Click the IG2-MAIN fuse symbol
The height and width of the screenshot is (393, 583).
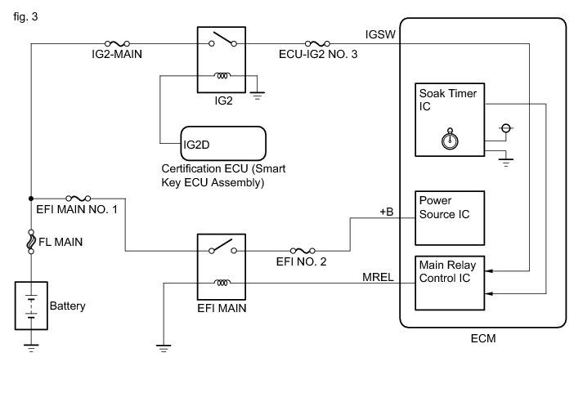[x=118, y=44]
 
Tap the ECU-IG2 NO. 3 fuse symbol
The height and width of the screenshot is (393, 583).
[x=317, y=44]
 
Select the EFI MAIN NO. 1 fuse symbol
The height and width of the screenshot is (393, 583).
[x=78, y=199]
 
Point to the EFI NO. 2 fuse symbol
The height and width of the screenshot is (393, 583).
[x=303, y=251]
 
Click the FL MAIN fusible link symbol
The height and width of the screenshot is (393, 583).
[x=31, y=242]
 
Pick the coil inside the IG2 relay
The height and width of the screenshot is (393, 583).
[x=222, y=76]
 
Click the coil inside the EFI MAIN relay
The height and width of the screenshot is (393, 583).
[x=222, y=283]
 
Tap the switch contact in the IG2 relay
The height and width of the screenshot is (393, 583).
[x=222, y=39]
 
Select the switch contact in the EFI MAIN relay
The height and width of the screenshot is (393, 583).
[x=222, y=246]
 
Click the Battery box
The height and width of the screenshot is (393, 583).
[x=31, y=306]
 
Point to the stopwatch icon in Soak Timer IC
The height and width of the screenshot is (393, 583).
[x=450, y=139]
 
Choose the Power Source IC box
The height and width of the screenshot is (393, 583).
[x=450, y=218]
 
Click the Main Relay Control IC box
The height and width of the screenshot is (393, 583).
[x=450, y=283]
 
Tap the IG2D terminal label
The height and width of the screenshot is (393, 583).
[x=196, y=145]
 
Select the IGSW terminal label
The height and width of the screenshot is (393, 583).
[x=380, y=34]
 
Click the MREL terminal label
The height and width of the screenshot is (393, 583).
[x=378, y=277]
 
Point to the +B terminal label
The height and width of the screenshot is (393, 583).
[x=387, y=212]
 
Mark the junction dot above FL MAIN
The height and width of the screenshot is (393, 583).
[x=31, y=199]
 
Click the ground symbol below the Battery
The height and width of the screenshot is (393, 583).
[x=31, y=348]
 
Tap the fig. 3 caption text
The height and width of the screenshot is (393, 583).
[x=25, y=16]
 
